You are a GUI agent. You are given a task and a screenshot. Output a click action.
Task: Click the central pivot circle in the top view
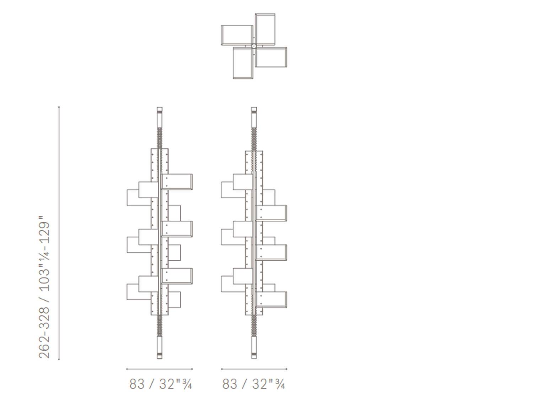click(254, 46)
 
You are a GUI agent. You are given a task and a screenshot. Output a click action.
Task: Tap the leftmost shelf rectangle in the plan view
click(237, 35)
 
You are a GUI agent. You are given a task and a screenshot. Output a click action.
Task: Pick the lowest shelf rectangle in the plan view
click(243, 63)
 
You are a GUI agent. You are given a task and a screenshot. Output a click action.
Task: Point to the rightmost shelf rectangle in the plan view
click(271, 57)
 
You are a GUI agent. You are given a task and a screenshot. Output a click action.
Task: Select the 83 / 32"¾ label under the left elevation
click(161, 384)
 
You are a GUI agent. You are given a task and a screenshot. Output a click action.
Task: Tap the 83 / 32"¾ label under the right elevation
click(254, 384)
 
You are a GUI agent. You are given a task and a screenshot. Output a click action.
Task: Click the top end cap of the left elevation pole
click(160, 110)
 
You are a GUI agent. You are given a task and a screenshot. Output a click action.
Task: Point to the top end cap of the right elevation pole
click(254, 110)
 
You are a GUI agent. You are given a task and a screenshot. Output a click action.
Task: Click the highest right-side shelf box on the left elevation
click(177, 182)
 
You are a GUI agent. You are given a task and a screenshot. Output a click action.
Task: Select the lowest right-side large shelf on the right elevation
click(271, 300)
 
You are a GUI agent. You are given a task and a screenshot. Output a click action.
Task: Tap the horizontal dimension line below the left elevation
click(160, 369)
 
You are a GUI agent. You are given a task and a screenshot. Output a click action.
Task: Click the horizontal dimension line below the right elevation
click(254, 369)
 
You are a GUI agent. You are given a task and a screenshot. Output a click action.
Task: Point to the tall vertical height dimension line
click(59, 233)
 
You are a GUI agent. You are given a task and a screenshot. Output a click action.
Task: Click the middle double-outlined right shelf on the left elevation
click(177, 229)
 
